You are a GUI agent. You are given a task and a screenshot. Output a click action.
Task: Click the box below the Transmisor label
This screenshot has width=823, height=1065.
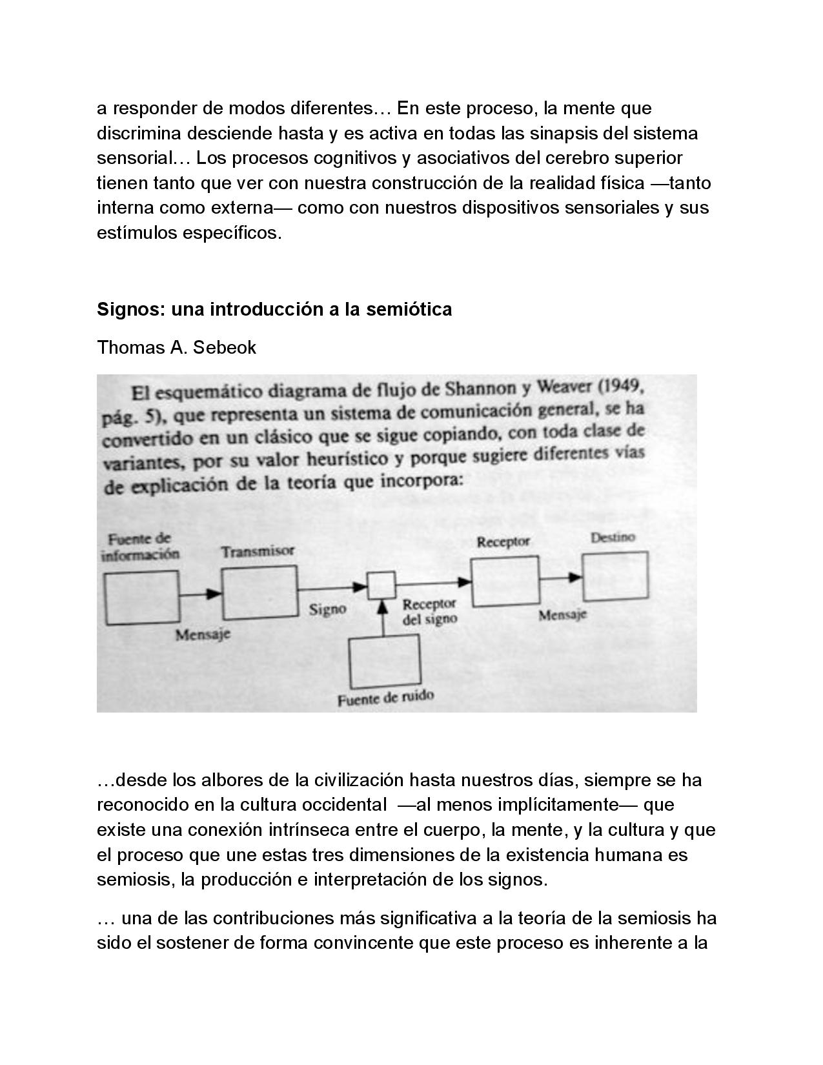pyautogui.click(x=259, y=593)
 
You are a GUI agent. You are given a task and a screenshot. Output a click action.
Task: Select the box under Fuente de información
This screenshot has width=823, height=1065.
pyautogui.click(x=143, y=598)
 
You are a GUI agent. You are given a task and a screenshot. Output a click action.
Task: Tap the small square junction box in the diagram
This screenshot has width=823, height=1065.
pyautogui.click(x=381, y=585)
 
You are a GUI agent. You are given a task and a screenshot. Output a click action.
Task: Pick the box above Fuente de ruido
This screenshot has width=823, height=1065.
pyautogui.click(x=385, y=662)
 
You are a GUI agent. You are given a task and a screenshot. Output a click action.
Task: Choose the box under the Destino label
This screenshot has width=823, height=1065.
pyautogui.click(x=615, y=576)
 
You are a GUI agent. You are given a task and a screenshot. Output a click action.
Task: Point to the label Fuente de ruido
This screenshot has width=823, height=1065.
pyautogui.click(x=385, y=698)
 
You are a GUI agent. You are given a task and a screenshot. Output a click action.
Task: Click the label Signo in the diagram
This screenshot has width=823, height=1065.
pyautogui.click(x=327, y=609)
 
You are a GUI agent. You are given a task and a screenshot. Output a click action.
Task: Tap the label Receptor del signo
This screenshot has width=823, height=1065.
pyautogui.click(x=429, y=611)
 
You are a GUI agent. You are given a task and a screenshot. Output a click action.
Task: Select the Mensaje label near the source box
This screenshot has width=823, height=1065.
pyautogui.click(x=203, y=634)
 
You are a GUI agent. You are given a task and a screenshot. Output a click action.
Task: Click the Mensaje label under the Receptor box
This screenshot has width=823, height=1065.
pyautogui.click(x=562, y=614)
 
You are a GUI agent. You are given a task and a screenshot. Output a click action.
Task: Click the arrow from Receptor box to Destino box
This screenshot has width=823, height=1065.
pyautogui.click(x=560, y=578)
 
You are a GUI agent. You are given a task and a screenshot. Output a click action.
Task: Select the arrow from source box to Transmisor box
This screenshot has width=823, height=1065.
pyautogui.click(x=201, y=594)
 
